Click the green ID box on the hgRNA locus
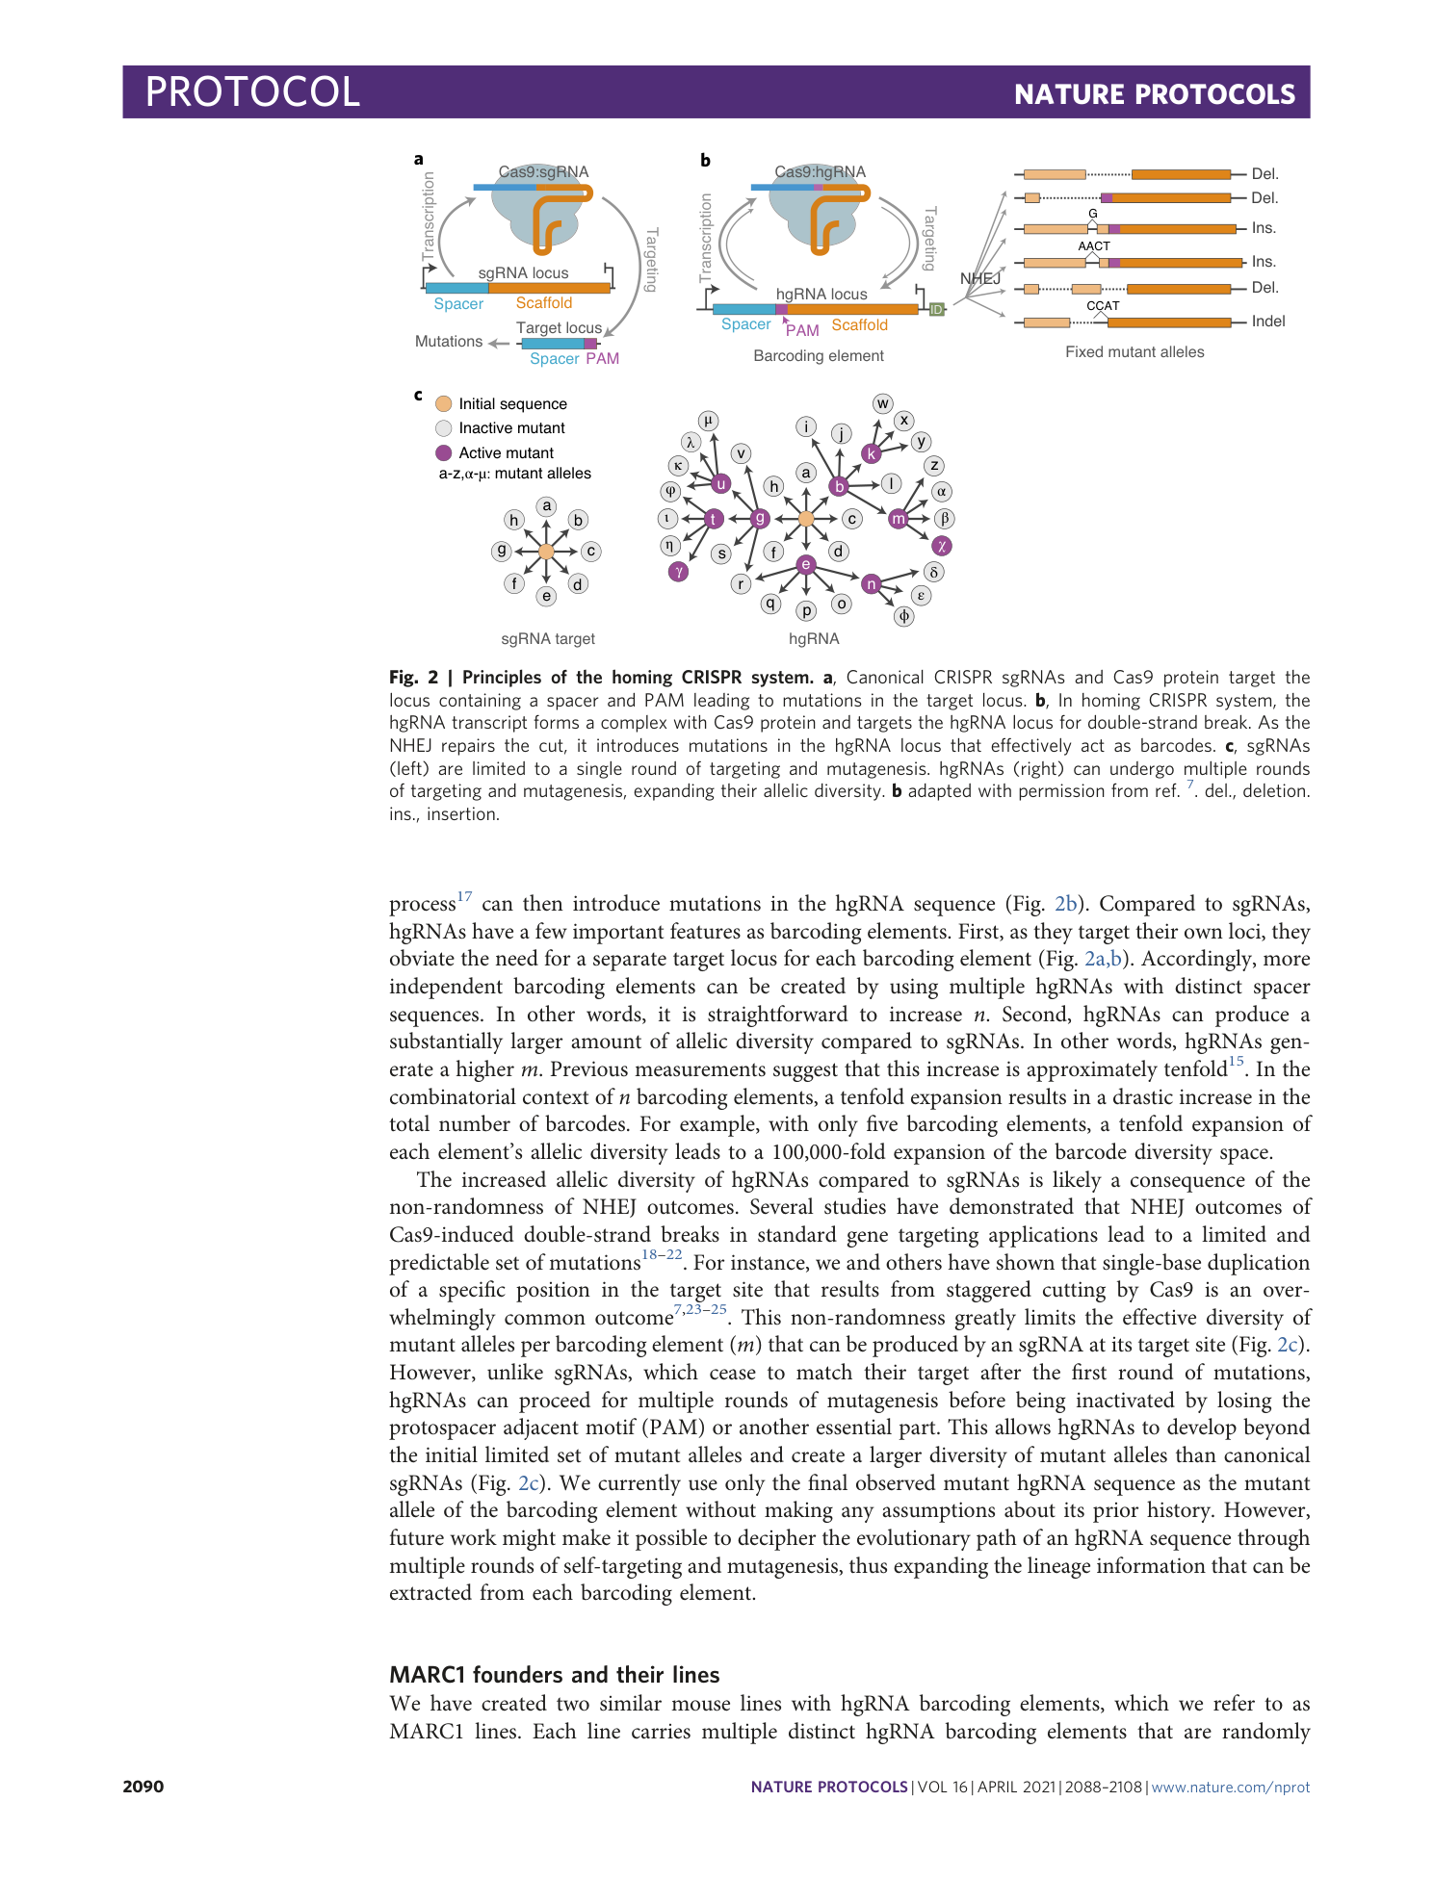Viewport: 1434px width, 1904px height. [x=936, y=309]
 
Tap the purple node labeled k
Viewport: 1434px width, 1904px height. [x=872, y=453]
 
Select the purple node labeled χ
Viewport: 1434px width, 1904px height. [x=942, y=546]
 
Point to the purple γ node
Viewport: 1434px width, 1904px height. [x=679, y=571]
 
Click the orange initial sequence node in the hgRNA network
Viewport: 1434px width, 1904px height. [x=806, y=519]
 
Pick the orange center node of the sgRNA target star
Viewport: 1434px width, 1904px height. [x=546, y=552]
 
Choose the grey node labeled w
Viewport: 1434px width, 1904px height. [x=882, y=403]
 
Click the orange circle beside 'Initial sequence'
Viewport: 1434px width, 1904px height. [x=444, y=404]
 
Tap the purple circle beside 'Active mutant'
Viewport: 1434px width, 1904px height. [x=444, y=452]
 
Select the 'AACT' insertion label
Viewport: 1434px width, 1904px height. [x=1094, y=246]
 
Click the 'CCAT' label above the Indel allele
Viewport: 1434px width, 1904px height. [x=1103, y=306]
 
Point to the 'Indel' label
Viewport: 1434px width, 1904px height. [x=1267, y=322]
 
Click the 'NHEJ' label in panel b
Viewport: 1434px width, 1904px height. [x=980, y=278]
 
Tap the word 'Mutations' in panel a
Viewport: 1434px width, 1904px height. [x=449, y=342]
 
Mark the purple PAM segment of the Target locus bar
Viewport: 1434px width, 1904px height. [x=590, y=344]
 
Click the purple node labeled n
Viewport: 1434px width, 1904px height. [x=872, y=583]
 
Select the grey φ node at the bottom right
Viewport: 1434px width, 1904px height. [x=903, y=616]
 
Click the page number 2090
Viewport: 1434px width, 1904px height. [x=143, y=1787]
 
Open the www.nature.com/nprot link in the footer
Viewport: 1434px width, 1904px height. [x=1230, y=1787]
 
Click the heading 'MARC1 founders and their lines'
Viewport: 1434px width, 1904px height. [x=554, y=1675]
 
